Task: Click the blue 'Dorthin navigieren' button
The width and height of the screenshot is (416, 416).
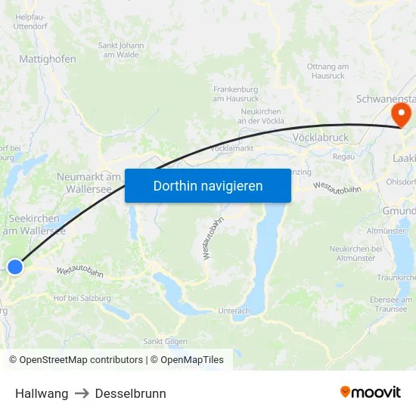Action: coord(208,185)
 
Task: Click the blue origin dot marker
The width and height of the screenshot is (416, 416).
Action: coord(15,265)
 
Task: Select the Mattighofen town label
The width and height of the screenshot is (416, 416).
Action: coord(47,58)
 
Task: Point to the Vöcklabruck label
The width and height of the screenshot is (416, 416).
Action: coord(320,138)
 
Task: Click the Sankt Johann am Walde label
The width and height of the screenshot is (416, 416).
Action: coord(122,49)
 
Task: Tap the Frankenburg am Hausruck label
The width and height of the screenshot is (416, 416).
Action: coord(236,93)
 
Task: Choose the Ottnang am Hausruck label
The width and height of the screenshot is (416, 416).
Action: coord(328,71)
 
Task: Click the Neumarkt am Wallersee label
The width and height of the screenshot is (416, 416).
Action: coord(89,182)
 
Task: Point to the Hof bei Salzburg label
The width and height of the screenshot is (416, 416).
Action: coord(82,298)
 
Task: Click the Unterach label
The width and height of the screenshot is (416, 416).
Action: coord(233,311)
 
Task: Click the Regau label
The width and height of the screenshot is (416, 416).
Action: coord(344,157)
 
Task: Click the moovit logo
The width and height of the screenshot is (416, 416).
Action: coord(370,393)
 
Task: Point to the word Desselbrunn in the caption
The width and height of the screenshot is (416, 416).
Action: coord(130,393)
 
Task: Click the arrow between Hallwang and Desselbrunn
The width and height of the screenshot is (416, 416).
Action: coord(82,393)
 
